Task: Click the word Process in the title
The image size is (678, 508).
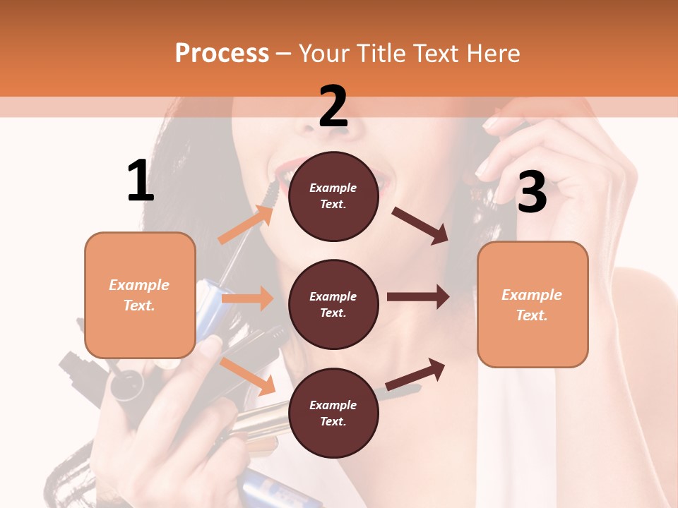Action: tap(222, 53)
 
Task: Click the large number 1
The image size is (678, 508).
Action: tap(141, 181)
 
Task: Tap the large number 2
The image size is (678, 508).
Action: tap(333, 107)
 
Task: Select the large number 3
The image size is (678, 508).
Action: tap(532, 193)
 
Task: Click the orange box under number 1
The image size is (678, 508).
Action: tap(140, 295)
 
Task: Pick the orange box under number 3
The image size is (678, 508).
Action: tap(533, 304)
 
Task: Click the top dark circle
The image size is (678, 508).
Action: tap(333, 196)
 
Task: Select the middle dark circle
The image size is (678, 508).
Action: tap(333, 304)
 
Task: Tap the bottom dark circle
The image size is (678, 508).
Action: tap(333, 413)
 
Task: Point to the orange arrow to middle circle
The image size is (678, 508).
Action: tap(247, 298)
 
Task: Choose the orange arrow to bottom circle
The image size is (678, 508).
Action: tap(248, 376)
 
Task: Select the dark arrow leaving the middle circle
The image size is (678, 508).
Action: tap(418, 297)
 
